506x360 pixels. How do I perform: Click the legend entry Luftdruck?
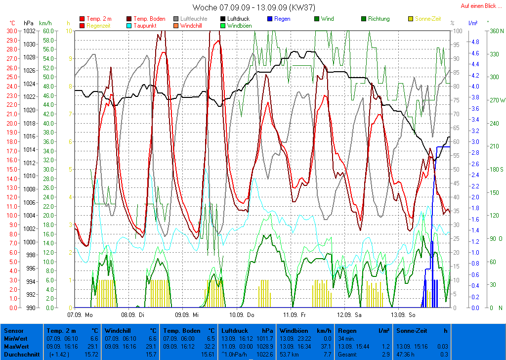237,19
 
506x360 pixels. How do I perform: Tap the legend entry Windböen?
239,25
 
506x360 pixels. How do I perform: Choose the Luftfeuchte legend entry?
194,19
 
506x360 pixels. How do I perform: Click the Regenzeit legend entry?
98,25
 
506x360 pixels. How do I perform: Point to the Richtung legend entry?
379,19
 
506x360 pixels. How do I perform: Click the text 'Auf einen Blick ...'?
481,6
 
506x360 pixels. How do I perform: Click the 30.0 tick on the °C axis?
11,31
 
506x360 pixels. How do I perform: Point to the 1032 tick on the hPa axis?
29,31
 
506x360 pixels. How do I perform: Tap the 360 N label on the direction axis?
496,31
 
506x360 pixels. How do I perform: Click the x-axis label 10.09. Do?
242,314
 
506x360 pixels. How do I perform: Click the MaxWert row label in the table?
15,347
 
